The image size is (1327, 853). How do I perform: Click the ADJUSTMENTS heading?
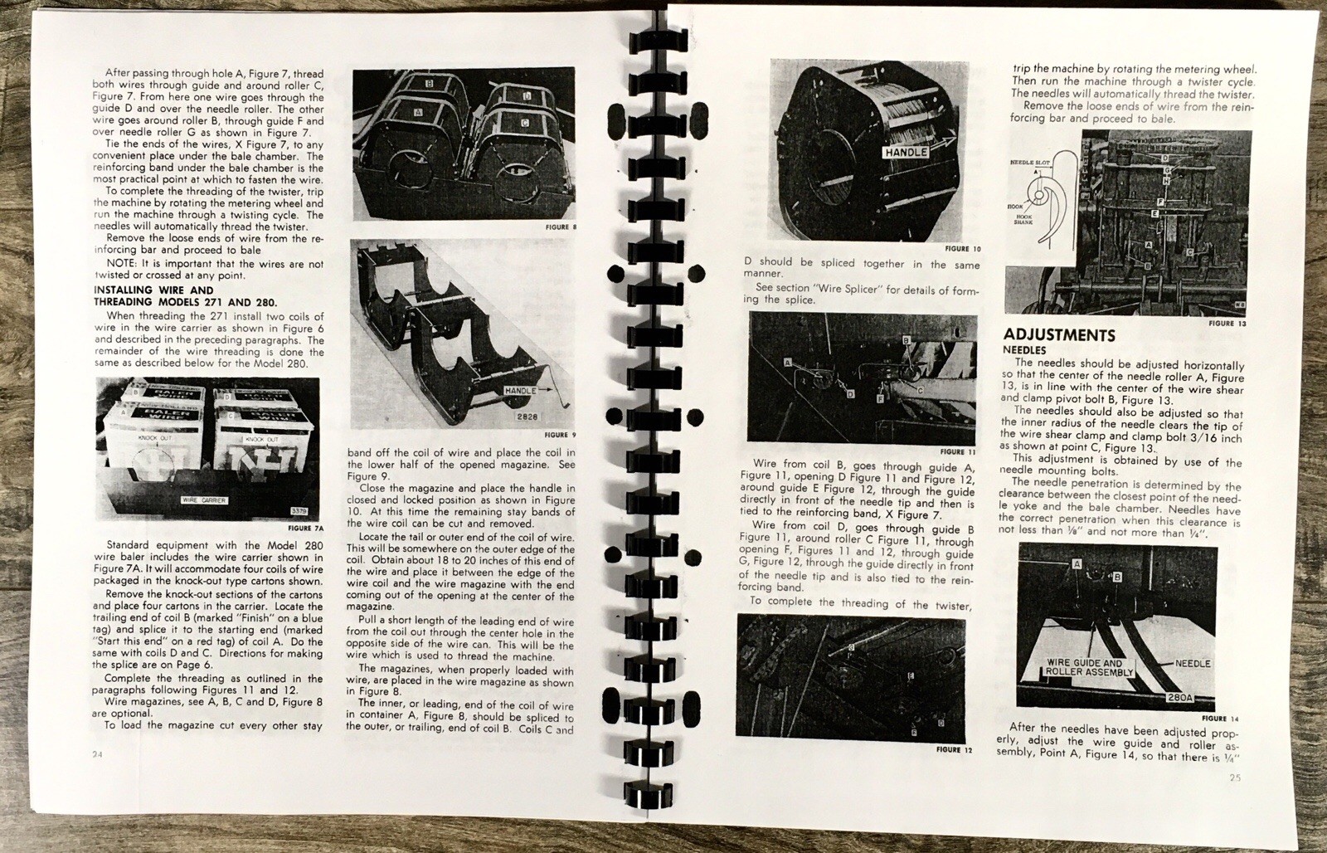click(x=1058, y=335)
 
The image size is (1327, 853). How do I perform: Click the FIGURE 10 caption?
click(x=962, y=249)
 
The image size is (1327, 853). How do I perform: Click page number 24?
click(x=100, y=753)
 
